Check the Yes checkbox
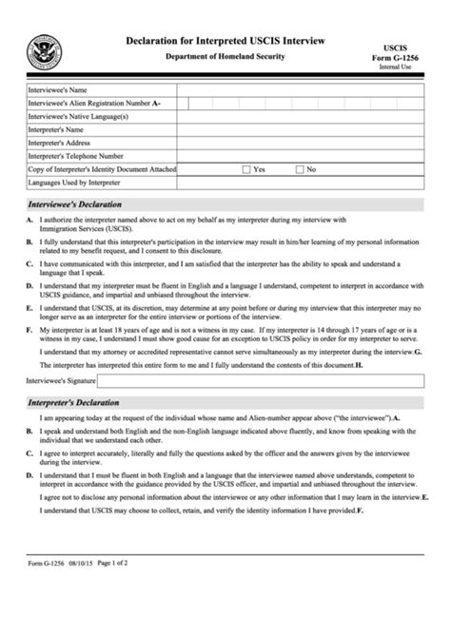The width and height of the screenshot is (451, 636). tap(246, 169)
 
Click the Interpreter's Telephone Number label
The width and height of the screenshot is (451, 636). tap(76, 156)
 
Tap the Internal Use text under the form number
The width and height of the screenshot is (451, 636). tap(395, 68)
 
